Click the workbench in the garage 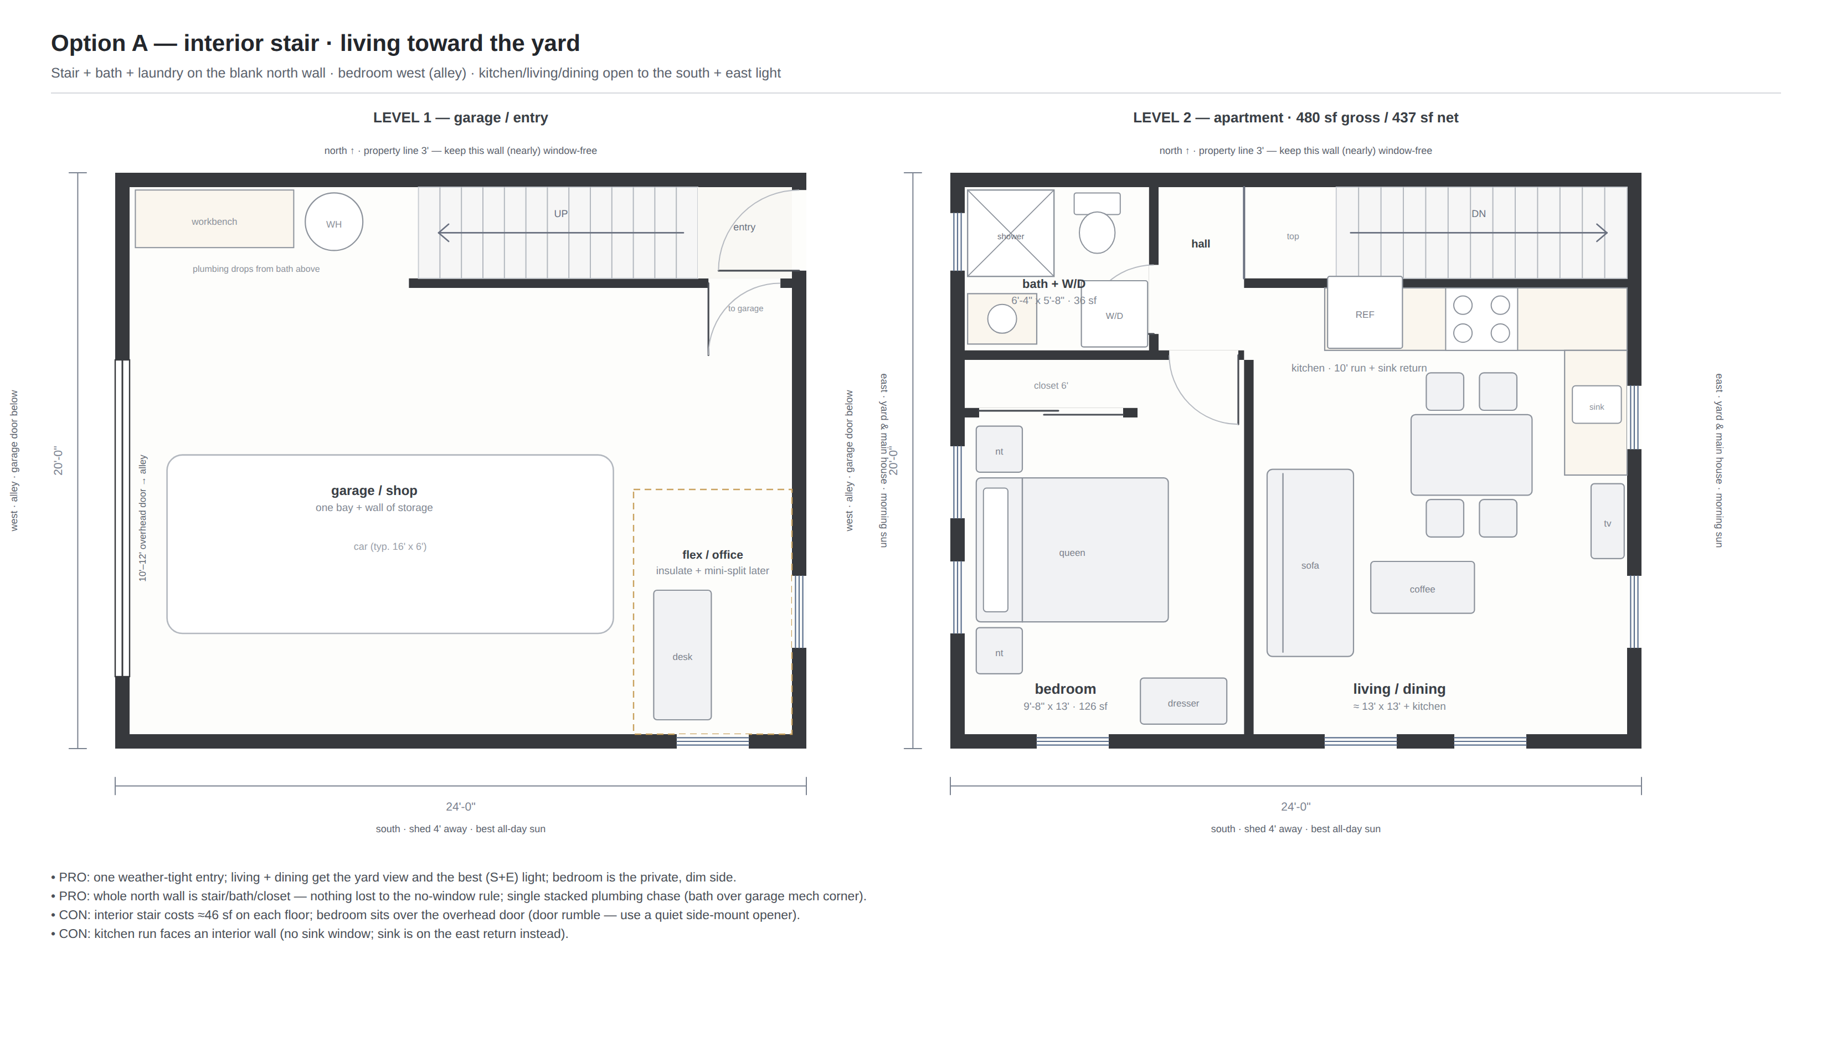[x=214, y=219]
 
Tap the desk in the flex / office [x=682, y=654]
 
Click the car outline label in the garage [x=390, y=546]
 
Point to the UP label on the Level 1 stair [x=561, y=214]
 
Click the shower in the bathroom [x=1010, y=233]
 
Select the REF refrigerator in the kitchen [x=1365, y=313]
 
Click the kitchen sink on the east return [x=1597, y=405]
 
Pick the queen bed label [x=1072, y=553]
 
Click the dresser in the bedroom [x=1183, y=701]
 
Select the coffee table [x=1422, y=587]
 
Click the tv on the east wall [x=1607, y=521]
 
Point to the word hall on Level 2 [x=1200, y=244]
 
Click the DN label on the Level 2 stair [x=1479, y=214]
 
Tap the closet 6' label [x=1051, y=386]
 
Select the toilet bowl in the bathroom [x=1097, y=232]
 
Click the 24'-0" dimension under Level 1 [x=460, y=806]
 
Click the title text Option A [x=99, y=43]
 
